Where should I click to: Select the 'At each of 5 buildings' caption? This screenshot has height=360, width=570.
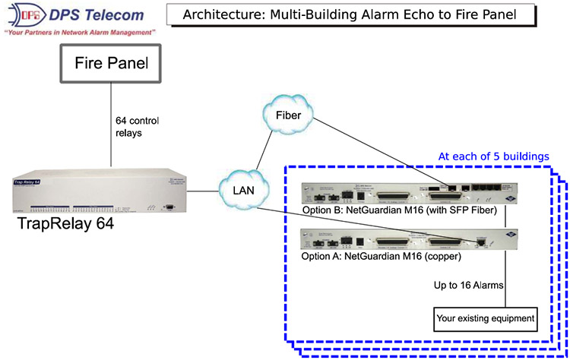(x=493, y=156)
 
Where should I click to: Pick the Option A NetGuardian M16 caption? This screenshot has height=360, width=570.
(x=372, y=257)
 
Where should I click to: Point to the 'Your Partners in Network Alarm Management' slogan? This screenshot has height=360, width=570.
(x=79, y=34)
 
